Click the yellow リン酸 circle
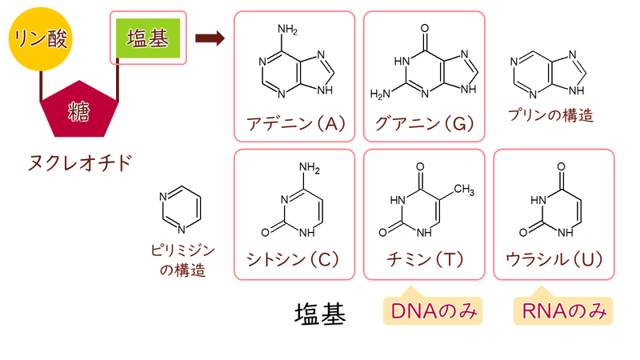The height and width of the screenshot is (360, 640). pyautogui.click(x=41, y=38)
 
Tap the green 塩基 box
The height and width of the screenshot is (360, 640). pyautogui.click(x=148, y=38)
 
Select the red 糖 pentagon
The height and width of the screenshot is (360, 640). pyautogui.click(x=79, y=109)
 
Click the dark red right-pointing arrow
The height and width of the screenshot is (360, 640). pyautogui.click(x=210, y=38)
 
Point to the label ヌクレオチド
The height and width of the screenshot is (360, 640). pyautogui.click(x=79, y=162)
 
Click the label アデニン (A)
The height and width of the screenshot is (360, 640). pyautogui.click(x=296, y=123)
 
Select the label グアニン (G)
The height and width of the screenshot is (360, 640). pyautogui.click(x=425, y=123)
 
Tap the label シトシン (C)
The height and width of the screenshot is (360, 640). pyautogui.click(x=293, y=259)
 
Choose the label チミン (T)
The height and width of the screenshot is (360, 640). pyautogui.click(x=425, y=259)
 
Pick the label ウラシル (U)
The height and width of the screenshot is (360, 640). pyautogui.click(x=554, y=259)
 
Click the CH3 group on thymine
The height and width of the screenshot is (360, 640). pyautogui.click(x=464, y=190)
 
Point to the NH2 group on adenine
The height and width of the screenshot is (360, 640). pyautogui.click(x=287, y=30)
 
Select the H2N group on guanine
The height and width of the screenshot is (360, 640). pyautogui.click(x=380, y=94)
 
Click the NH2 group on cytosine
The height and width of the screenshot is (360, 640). pyautogui.click(x=310, y=168)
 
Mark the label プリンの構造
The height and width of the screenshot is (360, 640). pyautogui.click(x=550, y=115)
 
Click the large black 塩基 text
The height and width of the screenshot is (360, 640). pyautogui.click(x=321, y=314)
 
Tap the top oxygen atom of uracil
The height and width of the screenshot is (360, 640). pyautogui.click(x=562, y=167)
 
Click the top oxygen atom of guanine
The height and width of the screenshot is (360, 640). pyautogui.click(x=425, y=28)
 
